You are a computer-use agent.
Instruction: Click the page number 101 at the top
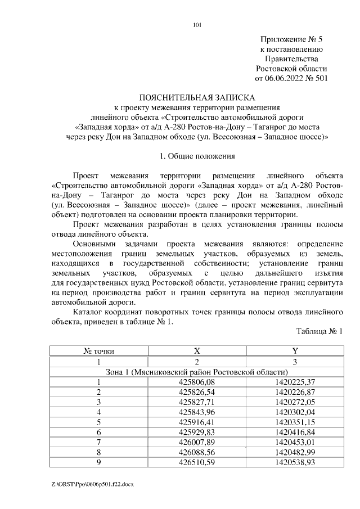pyautogui.click(x=197, y=25)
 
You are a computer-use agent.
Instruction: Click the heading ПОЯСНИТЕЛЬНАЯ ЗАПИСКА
pyautogui.click(x=197, y=97)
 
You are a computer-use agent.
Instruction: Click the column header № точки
pyautogui.click(x=99, y=351)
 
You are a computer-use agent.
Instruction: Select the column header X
pyautogui.click(x=197, y=351)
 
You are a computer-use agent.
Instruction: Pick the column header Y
pyautogui.click(x=295, y=351)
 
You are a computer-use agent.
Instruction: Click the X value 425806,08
pyautogui.click(x=197, y=382)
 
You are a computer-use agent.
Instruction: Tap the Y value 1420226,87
pyautogui.click(x=295, y=392)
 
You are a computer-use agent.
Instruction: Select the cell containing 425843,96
pyautogui.click(x=197, y=412)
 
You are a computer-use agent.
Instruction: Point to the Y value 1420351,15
pyautogui.click(x=295, y=422)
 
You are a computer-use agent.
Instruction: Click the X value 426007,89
pyautogui.click(x=197, y=442)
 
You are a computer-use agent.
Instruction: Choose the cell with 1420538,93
pyautogui.click(x=295, y=462)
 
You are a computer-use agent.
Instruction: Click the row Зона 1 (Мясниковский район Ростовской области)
pyautogui.click(x=197, y=372)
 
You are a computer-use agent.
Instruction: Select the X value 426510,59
pyautogui.click(x=197, y=462)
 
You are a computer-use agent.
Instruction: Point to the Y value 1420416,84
pyautogui.click(x=295, y=432)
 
